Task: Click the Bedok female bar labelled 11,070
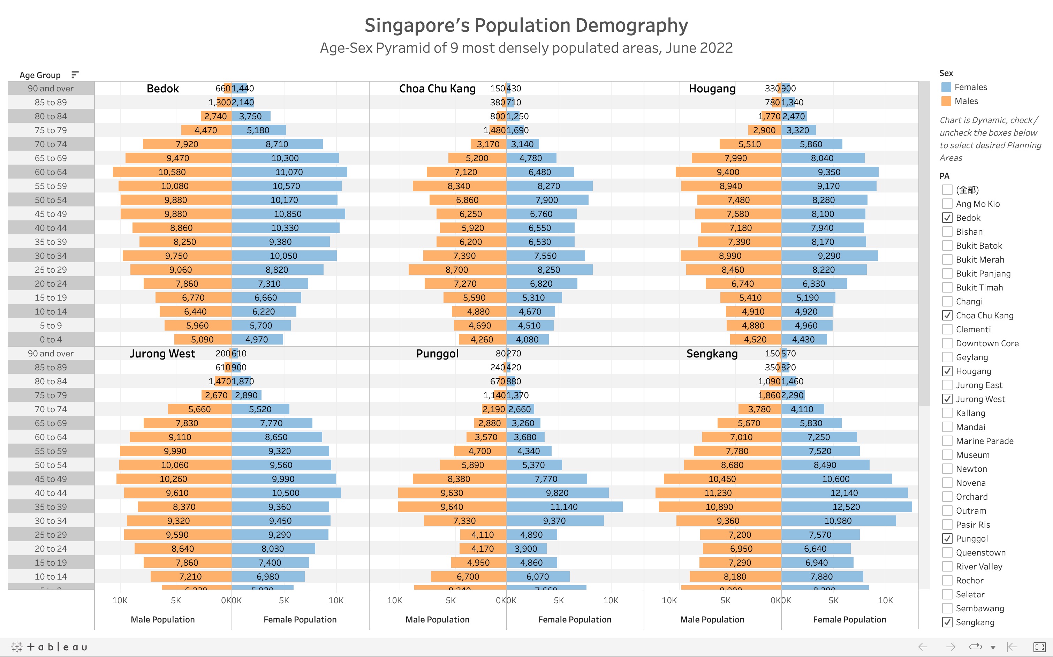(289, 172)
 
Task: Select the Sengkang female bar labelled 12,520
(846, 507)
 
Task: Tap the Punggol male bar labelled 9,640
(452, 507)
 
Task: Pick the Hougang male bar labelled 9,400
(728, 172)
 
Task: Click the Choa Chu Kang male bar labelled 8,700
(457, 270)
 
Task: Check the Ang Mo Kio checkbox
(947, 204)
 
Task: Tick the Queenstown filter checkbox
(947, 552)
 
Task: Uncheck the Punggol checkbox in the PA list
(947, 538)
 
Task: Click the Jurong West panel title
(162, 353)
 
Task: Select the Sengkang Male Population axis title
(712, 619)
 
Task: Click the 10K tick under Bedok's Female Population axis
(336, 600)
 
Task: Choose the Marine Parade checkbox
(947, 441)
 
